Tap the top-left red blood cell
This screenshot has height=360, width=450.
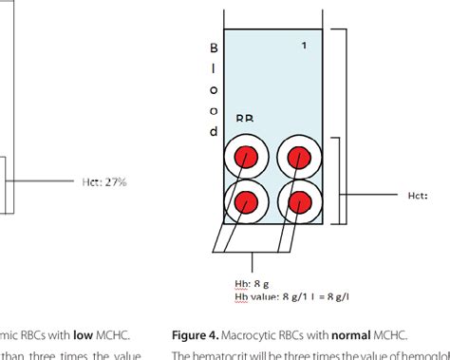pos(247,156)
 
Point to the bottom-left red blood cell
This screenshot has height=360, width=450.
pos(247,200)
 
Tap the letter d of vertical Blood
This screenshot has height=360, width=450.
pos(214,131)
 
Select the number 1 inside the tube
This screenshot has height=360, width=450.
pos(304,46)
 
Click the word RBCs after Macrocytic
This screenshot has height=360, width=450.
pos(317,334)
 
